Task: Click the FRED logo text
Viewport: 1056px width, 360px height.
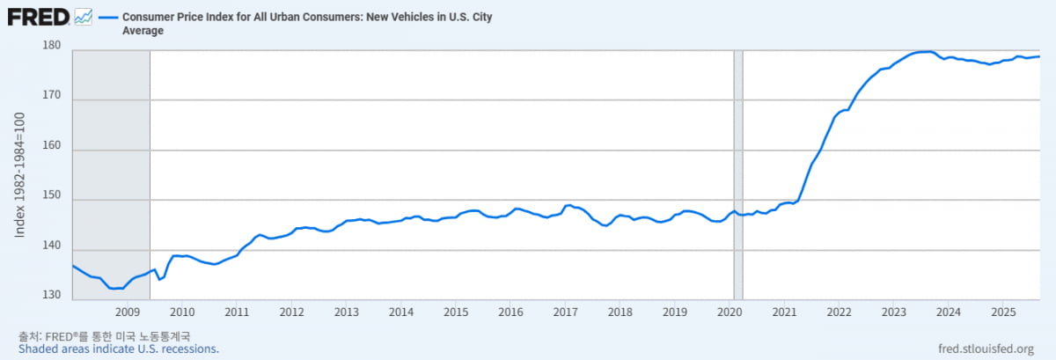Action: [40, 17]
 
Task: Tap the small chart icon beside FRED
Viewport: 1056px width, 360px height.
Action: [84, 17]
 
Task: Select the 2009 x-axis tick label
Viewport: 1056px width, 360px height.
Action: [128, 312]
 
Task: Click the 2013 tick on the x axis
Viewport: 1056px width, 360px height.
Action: [346, 312]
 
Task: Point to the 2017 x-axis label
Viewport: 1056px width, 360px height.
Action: [565, 312]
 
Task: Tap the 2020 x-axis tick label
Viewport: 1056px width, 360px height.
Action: [730, 312]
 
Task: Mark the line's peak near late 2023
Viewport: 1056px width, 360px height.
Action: [929, 52]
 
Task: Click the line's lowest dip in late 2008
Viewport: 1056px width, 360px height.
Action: [114, 289]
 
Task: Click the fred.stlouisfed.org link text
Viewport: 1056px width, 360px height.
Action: [990, 349]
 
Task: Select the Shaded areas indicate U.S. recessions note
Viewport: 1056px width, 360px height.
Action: [118, 349]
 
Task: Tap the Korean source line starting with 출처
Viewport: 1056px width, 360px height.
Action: [104, 335]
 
